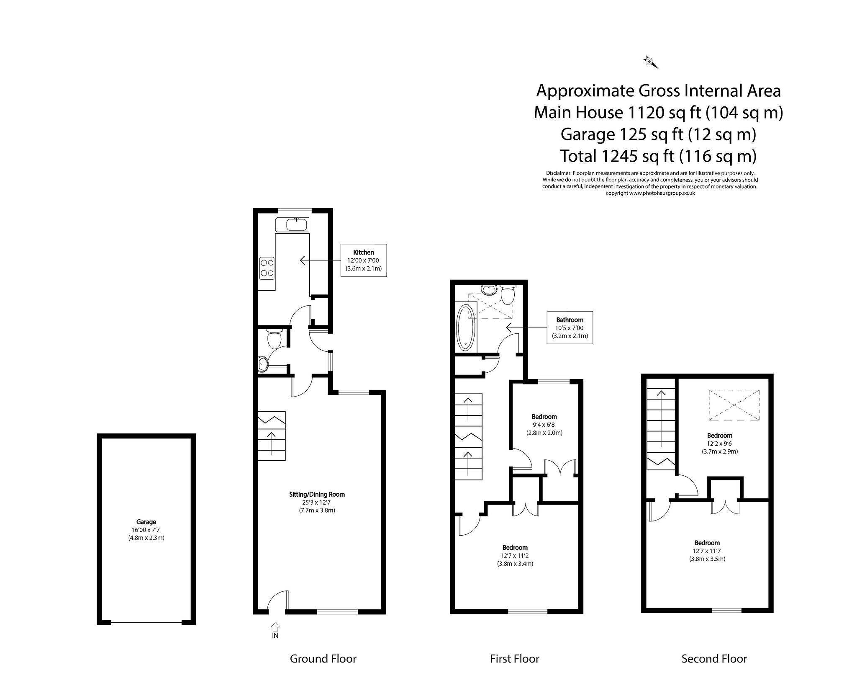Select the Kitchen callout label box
click(x=363, y=260)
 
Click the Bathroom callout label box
click(x=570, y=328)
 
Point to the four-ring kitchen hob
click(x=267, y=268)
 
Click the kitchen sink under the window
click(x=297, y=225)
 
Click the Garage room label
click(x=146, y=522)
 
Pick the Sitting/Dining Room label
click(x=317, y=494)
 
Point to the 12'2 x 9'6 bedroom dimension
click(x=719, y=443)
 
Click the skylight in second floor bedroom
click(x=734, y=405)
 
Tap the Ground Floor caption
click(x=323, y=659)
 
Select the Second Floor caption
click(x=714, y=659)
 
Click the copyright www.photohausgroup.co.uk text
click(x=650, y=193)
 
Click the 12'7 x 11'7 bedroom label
click(x=707, y=551)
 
